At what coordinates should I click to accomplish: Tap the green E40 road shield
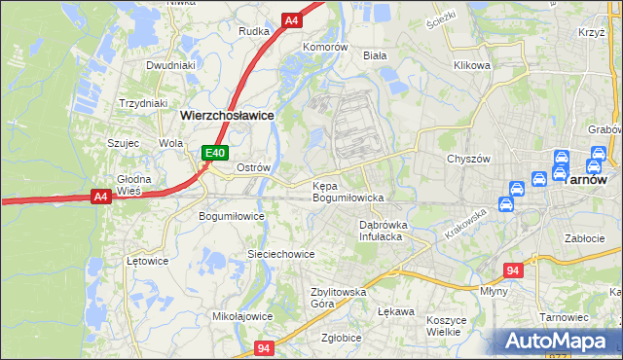(215, 153)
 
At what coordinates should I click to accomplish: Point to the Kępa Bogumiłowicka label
(348, 192)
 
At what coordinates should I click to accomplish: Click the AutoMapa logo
(559, 342)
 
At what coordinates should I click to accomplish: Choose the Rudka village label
(254, 31)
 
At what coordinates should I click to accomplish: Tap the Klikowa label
(471, 66)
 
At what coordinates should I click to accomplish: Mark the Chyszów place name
(466, 159)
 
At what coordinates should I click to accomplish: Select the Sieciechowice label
(280, 254)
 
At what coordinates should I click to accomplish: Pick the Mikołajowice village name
(242, 316)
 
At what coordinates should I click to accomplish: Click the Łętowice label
(148, 261)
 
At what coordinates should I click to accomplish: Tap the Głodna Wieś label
(134, 185)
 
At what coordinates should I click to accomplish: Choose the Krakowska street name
(465, 225)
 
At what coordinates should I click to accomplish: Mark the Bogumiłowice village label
(232, 216)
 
